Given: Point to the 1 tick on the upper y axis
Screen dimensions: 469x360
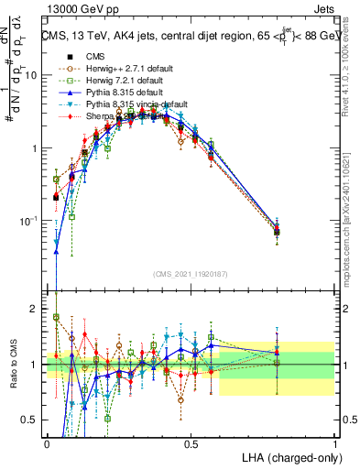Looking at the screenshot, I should point(37,147).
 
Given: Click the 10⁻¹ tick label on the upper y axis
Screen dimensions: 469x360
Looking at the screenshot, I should point(31,220).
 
